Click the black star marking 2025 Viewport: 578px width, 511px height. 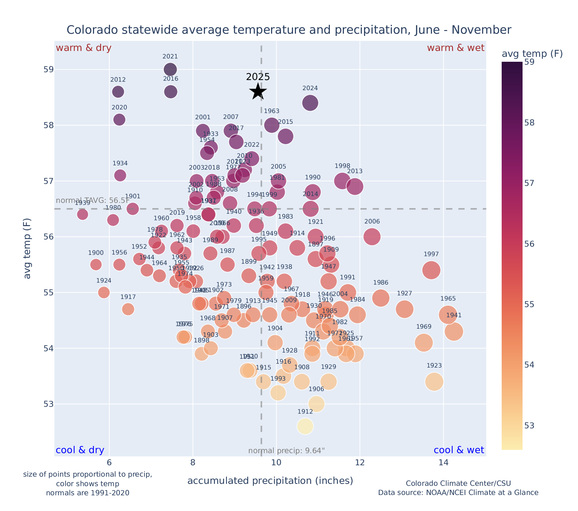point(258,92)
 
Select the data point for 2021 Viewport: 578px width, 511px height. point(170,69)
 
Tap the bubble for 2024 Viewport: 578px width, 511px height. point(310,103)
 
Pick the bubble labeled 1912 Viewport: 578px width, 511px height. point(305,426)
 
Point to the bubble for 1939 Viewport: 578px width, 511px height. point(83,214)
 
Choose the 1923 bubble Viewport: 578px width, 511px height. point(434,382)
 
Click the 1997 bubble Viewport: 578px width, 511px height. point(431,270)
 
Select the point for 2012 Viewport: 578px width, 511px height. point(118,92)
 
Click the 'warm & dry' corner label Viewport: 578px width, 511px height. point(84,48)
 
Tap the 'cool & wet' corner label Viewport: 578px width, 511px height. point(459,450)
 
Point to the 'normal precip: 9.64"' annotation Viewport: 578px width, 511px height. point(286,451)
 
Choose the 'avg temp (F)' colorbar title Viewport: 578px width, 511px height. point(532,54)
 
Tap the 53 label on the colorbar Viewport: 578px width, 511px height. point(529,425)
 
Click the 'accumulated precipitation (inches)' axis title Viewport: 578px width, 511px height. point(270,481)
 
